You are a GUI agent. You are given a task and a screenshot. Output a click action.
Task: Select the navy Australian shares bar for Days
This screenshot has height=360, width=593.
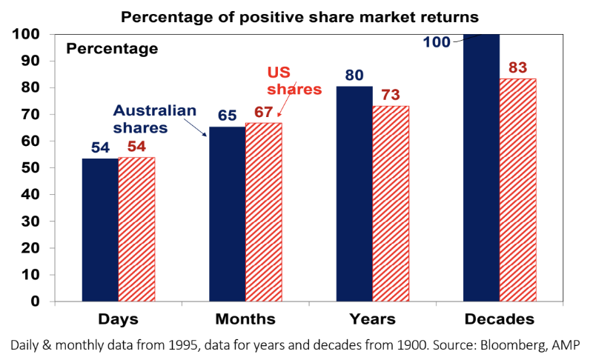click(100, 230)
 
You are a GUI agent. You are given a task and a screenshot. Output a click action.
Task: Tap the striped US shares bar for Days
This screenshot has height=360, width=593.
click(136, 230)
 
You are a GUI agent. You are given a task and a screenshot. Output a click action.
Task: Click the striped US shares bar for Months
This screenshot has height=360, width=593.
click(263, 212)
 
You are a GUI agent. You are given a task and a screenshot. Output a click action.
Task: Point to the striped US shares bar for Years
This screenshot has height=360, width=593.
click(391, 204)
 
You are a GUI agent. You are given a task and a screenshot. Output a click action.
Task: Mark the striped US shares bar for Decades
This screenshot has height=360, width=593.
click(517, 190)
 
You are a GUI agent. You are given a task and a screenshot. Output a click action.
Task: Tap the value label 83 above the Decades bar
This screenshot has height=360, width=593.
click(517, 68)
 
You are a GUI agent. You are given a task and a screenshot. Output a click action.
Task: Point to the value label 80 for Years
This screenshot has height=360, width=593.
click(354, 76)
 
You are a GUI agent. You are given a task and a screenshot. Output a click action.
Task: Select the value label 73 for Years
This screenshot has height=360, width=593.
click(391, 95)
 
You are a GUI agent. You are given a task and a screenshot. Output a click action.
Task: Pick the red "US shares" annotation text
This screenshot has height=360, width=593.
click(294, 82)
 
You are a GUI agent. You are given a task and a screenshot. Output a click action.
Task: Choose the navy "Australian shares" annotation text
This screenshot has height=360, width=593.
click(154, 119)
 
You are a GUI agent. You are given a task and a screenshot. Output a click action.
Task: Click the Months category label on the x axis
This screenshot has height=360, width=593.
click(245, 320)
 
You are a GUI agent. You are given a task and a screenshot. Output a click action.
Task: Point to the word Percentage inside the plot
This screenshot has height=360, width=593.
click(112, 50)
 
